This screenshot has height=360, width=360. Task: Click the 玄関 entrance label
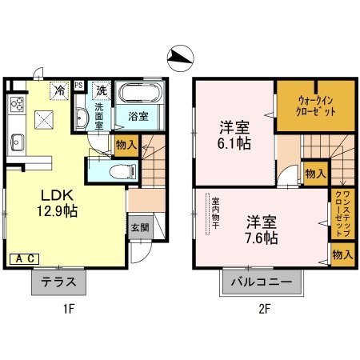pos(140,227)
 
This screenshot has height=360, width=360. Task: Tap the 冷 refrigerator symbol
pos(59,90)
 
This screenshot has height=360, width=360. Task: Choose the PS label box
pos(79,84)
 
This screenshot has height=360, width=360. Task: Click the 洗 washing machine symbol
pos(102,90)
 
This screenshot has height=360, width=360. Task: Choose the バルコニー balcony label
pos(262,282)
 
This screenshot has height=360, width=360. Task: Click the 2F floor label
pos(262,310)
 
